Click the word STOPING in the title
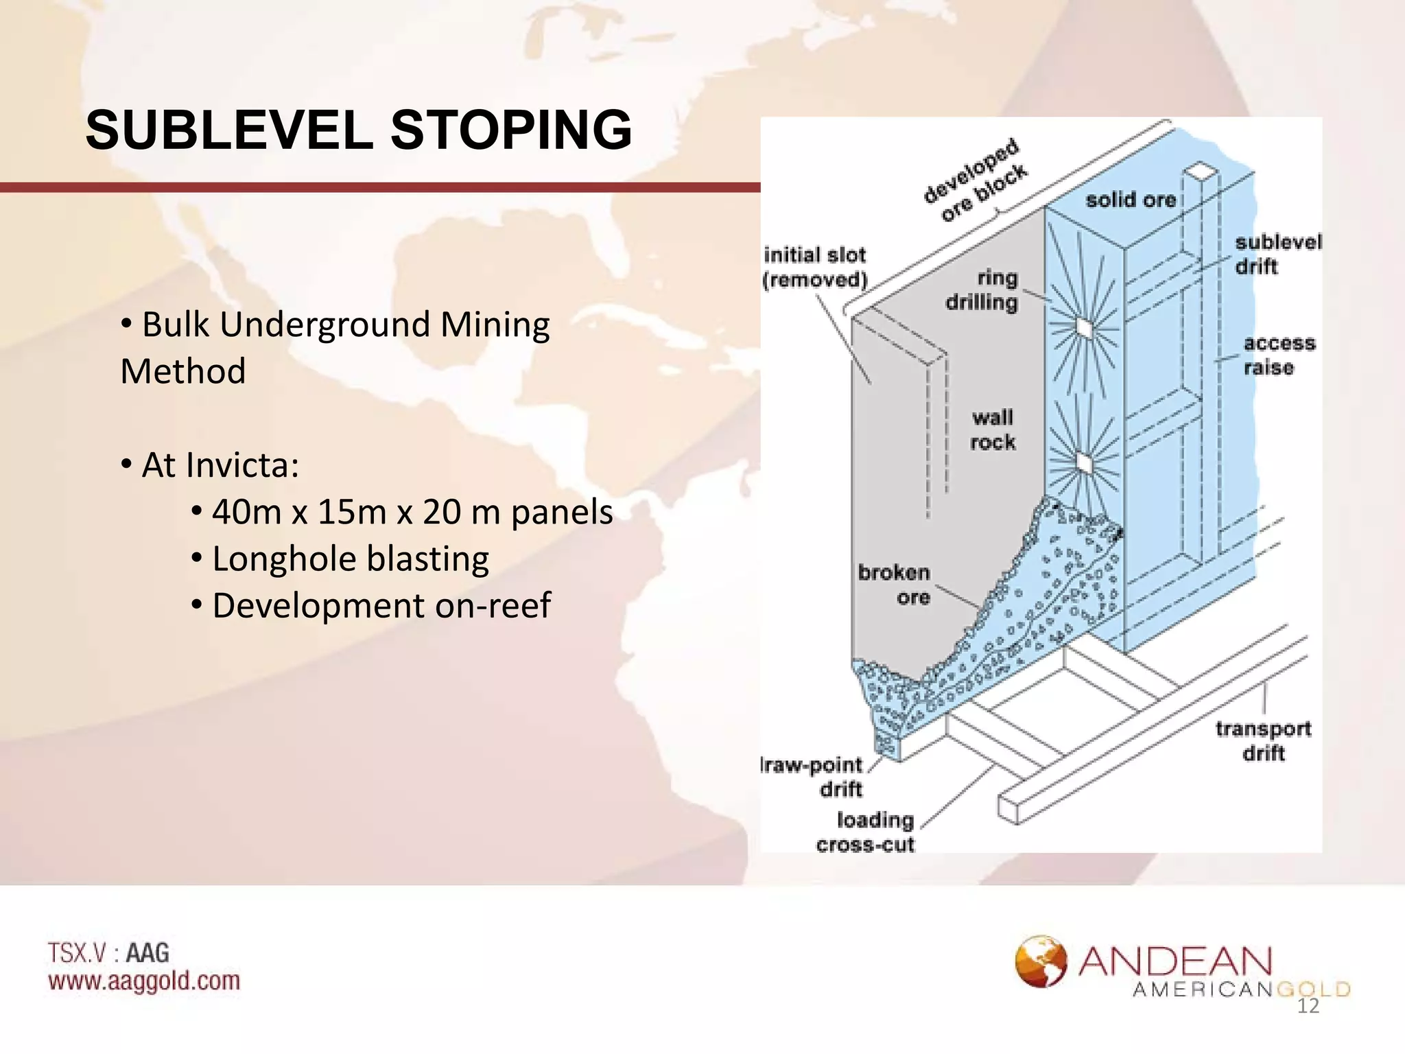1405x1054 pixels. click(511, 130)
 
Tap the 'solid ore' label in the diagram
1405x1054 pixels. click(1131, 200)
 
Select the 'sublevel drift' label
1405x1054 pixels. click(1277, 255)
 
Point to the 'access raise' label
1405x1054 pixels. click(1279, 355)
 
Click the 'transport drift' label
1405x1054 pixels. click(1263, 740)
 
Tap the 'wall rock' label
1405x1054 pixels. click(992, 430)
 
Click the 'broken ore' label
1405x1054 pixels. click(895, 585)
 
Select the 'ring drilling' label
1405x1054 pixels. click(982, 290)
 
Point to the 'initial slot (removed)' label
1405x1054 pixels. click(815, 267)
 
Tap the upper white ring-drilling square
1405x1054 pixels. click(1083, 328)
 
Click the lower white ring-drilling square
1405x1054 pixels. click(1083, 463)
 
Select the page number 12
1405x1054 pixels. click(1308, 1006)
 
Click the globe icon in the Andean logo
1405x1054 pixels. click(1041, 961)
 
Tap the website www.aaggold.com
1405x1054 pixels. click(144, 981)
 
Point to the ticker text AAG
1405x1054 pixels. click(147, 952)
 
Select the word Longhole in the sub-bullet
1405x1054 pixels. click(284, 559)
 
